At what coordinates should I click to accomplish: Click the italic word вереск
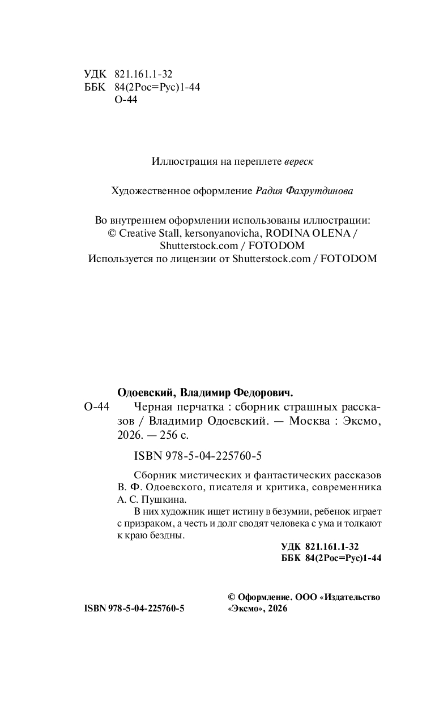(x=298, y=161)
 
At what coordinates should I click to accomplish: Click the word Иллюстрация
(x=179, y=161)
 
